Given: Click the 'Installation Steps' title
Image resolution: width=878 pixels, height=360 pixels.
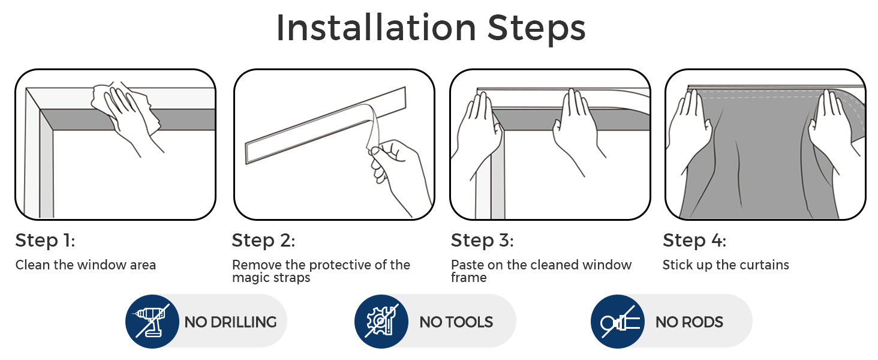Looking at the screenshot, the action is click(431, 28).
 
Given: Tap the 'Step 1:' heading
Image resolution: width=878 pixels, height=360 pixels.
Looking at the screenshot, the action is click(45, 241).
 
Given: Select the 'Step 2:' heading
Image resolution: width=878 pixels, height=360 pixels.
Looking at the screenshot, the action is click(263, 241).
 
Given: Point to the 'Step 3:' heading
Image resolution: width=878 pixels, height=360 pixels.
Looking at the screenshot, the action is click(482, 241).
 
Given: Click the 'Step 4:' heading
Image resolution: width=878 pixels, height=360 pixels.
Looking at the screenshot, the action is click(694, 241).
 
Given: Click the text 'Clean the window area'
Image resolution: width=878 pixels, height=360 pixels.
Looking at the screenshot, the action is click(85, 265).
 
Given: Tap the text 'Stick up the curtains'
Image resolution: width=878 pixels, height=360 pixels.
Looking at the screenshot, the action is click(726, 265).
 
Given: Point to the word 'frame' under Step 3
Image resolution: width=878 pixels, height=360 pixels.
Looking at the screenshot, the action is click(469, 277).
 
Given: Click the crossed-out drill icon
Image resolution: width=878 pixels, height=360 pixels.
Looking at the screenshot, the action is click(152, 322).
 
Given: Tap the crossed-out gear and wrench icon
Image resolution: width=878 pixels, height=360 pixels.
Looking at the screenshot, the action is click(381, 322).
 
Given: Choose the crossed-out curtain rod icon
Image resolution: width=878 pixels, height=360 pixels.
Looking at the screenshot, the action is click(617, 322).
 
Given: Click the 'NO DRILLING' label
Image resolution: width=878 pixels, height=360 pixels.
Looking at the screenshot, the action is click(230, 322).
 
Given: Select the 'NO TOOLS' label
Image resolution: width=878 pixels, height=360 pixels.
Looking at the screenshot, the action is click(456, 322).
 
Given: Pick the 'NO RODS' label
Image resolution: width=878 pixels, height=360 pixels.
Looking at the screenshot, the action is click(689, 322).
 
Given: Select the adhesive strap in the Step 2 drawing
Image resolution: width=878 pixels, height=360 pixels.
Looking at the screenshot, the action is click(325, 125).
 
